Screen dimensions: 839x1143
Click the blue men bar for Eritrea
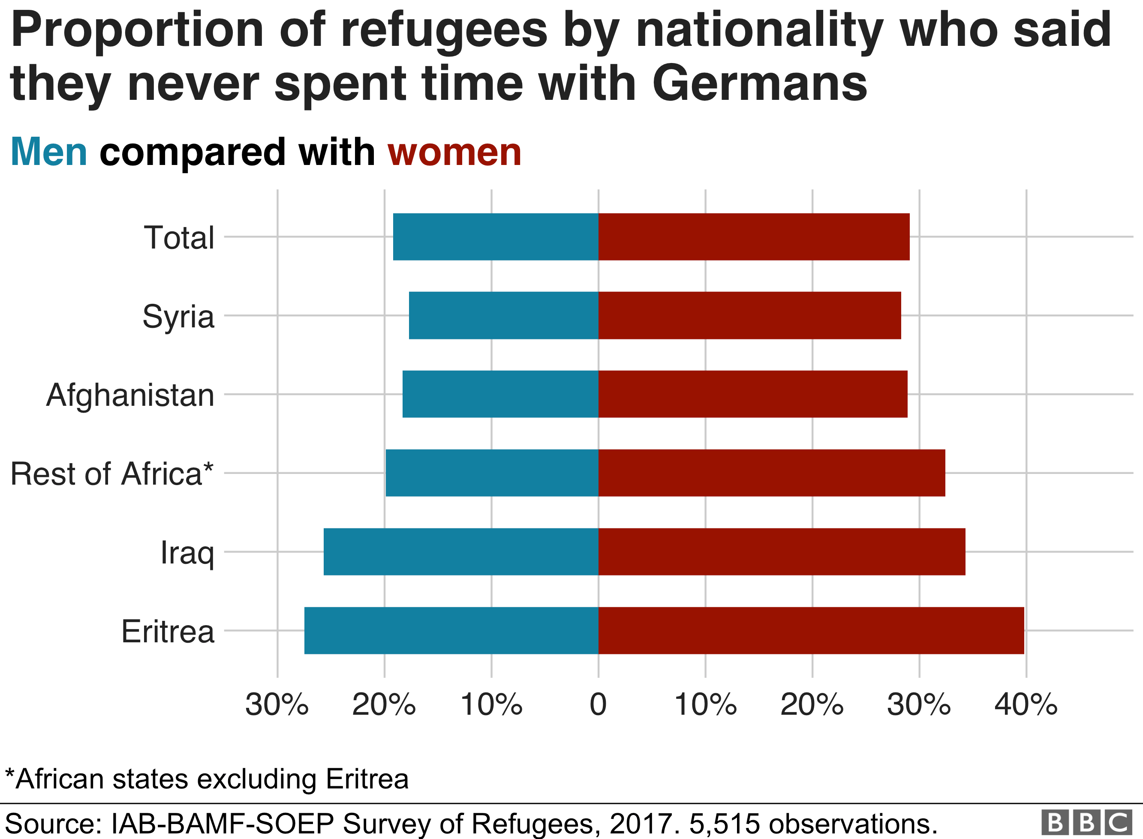coord(451,630)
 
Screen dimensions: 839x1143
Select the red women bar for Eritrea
coord(811,630)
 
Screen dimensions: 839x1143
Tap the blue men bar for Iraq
coord(461,551)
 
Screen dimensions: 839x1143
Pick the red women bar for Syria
coord(749,315)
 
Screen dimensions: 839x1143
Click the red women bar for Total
coord(754,237)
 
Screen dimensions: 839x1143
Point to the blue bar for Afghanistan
coord(500,394)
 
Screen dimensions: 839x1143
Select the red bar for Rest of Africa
coord(772,473)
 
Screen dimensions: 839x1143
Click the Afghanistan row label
coord(130,395)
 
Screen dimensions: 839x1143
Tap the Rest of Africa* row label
coord(112,474)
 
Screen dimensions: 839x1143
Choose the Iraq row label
coord(187,553)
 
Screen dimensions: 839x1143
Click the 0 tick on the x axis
coord(598,705)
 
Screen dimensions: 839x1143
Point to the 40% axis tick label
coord(1026,705)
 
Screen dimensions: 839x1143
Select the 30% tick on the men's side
coord(277,705)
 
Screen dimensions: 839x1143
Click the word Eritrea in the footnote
coord(367,779)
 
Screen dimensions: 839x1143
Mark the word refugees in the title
coord(444,30)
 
